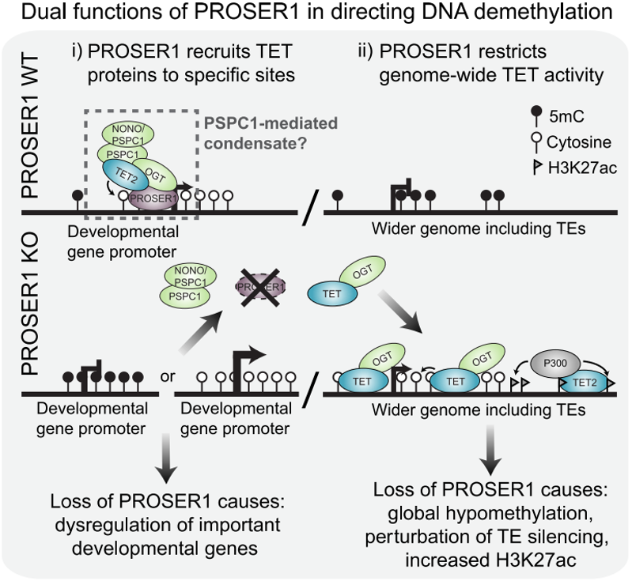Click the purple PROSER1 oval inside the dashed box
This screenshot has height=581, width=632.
pos(153,198)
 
